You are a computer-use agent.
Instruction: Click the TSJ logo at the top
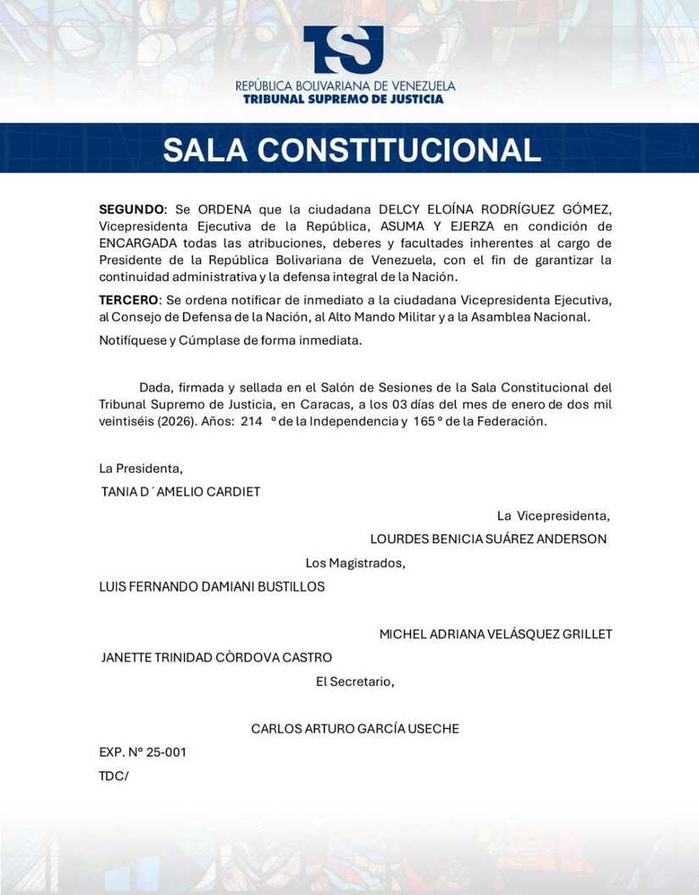coord(343,49)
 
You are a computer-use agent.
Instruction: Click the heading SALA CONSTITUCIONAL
coord(352,149)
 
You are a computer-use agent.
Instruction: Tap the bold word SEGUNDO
coord(132,209)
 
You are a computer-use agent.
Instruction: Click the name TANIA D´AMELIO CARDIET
coord(180,492)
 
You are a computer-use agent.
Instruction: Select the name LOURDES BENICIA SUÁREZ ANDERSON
coord(488,539)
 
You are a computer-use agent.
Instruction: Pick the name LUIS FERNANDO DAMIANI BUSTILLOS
coord(212,586)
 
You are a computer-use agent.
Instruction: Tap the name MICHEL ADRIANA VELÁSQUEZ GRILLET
coord(496,634)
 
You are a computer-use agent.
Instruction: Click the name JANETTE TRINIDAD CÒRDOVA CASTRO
coord(216,658)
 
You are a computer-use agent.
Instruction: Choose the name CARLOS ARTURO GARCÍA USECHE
coord(355,729)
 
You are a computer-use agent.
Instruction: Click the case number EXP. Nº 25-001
coord(142,753)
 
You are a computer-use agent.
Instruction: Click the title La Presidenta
coord(141,468)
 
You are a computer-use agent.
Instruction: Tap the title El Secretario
coord(355,681)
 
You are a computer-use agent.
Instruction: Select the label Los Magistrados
coord(355,563)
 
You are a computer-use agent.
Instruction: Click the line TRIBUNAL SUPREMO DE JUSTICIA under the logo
coord(343,99)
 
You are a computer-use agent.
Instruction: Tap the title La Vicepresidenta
coord(553,515)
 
